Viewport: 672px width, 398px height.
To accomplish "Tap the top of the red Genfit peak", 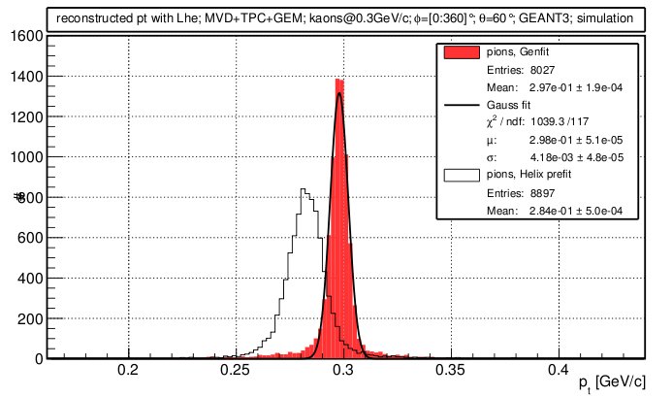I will (x=339, y=81).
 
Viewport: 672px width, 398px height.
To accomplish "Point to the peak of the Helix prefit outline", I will (x=304, y=189).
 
